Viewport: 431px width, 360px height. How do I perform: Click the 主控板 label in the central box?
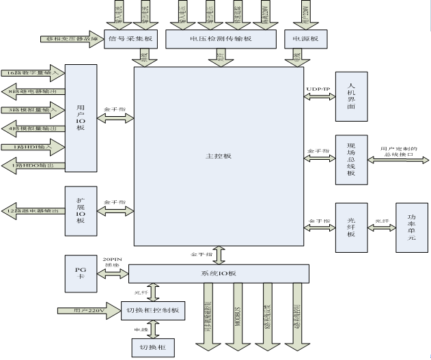coord(219,156)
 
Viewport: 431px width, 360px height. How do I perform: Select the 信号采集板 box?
coord(132,39)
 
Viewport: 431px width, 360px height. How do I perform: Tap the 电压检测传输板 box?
coord(219,39)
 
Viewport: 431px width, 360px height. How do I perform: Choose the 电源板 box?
coord(301,39)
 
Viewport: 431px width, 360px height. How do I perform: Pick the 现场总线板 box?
coord(351,159)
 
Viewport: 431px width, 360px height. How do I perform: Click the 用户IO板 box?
coord(80,117)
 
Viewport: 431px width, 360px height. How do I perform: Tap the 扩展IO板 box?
coord(80,210)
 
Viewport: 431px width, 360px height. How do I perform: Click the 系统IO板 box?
coord(219,273)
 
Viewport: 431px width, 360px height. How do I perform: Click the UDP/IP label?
coord(318,89)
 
